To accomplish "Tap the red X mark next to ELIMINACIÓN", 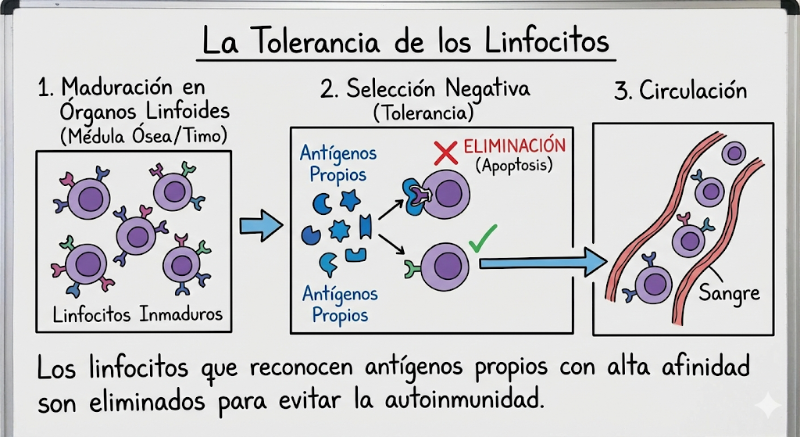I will (x=445, y=152).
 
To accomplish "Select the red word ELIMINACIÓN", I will (x=513, y=146).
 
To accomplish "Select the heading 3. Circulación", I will (x=680, y=91).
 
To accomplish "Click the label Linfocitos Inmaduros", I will (x=137, y=315).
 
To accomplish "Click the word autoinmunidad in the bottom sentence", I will (x=462, y=402).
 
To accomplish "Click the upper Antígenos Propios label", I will (x=337, y=163).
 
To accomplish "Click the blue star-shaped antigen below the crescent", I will (x=339, y=230).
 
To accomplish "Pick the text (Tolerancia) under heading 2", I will (x=423, y=113).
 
